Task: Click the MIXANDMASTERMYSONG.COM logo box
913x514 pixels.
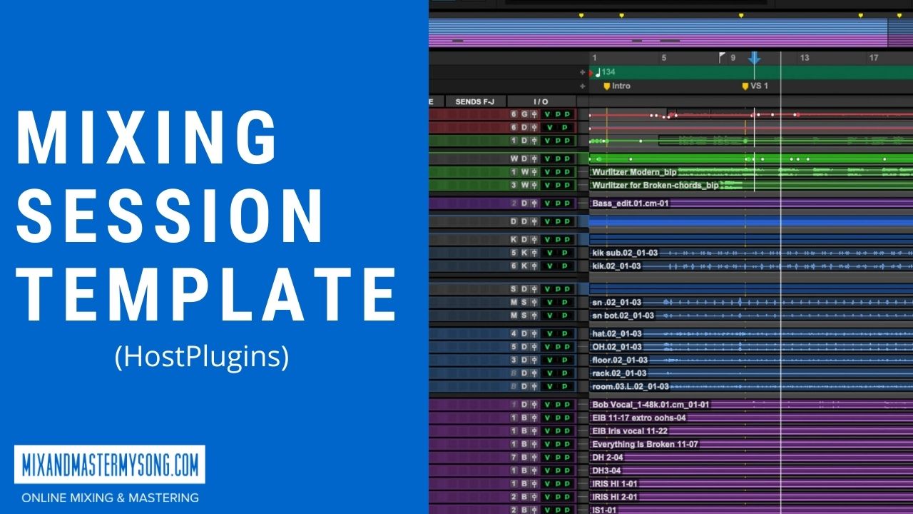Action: click(x=110, y=465)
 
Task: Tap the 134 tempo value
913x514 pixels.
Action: click(x=608, y=72)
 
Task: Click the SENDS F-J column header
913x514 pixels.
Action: click(x=474, y=102)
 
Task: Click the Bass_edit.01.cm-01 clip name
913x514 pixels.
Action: click(x=630, y=203)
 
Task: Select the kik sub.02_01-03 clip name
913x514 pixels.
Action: click(x=625, y=253)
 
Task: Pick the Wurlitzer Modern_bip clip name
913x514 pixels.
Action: click(x=633, y=172)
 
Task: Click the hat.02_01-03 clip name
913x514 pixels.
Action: click(x=616, y=333)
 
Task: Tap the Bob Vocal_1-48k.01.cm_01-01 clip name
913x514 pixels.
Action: click(x=651, y=405)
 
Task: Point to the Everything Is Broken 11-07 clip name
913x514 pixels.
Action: click(x=645, y=444)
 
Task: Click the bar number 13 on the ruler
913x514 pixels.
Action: click(x=804, y=58)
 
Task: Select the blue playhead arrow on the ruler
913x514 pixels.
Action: click(x=754, y=59)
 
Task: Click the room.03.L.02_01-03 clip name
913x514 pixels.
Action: click(x=630, y=386)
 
